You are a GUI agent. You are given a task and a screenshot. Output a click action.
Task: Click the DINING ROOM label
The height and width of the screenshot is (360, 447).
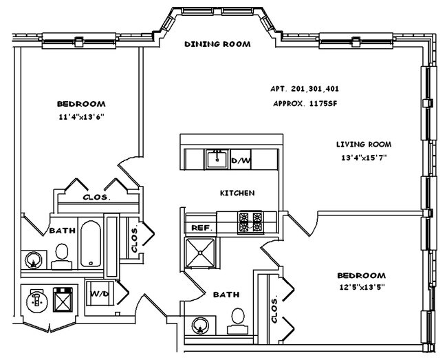pos(217,44)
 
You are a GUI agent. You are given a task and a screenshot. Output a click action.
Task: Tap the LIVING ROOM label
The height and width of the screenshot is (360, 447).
pos(364,145)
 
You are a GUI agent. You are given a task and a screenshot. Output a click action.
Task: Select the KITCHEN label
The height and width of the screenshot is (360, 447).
pos(237,193)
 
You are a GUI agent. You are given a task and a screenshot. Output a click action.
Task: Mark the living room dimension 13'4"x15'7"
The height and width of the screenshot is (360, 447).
pos(364,158)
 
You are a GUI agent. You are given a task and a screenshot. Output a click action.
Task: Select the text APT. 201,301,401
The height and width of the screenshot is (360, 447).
pos(305,89)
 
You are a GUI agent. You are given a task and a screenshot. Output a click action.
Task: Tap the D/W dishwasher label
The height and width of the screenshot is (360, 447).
pos(241,160)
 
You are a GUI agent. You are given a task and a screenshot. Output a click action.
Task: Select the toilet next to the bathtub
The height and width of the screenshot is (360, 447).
pos(61,255)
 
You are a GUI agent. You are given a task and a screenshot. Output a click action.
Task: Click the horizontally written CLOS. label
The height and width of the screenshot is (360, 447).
pos(98,197)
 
